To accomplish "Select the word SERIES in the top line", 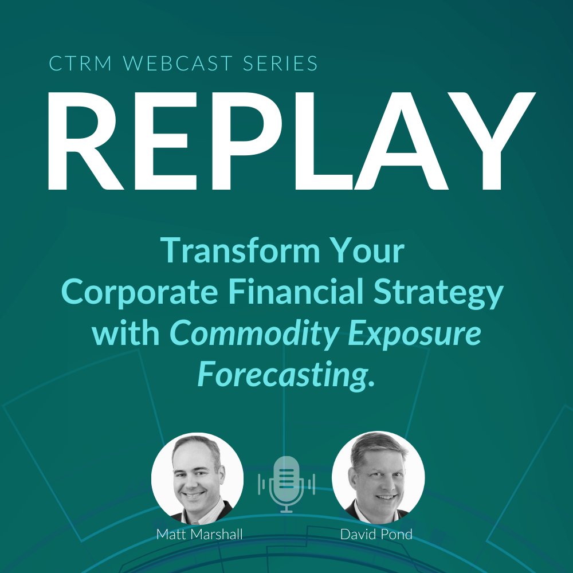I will click(x=276, y=64).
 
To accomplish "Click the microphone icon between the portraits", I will click(x=286, y=484).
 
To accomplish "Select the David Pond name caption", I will click(x=376, y=535).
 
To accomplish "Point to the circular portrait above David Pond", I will click(x=378, y=477).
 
